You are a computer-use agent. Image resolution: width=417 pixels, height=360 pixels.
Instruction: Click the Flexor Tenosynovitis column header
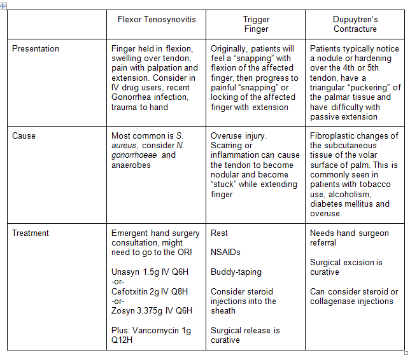click(x=157, y=19)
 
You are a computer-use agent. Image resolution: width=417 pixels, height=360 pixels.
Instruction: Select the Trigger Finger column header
click(x=255, y=24)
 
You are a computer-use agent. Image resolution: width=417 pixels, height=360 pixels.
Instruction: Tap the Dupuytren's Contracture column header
click(x=355, y=24)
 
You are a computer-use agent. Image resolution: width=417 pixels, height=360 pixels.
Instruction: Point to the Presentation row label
click(x=36, y=49)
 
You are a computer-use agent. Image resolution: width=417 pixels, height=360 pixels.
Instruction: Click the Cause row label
click(x=24, y=136)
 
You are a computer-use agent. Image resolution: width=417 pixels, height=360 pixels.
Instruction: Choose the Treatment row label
click(x=31, y=233)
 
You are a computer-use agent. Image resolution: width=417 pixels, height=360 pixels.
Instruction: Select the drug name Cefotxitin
click(x=131, y=291)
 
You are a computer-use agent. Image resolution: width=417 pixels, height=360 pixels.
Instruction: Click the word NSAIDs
click(x=225, y=253)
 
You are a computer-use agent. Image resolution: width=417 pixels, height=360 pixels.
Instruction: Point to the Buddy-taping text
click(x=236, y=272)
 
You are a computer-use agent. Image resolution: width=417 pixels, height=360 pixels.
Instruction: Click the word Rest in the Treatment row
click(x=219, y=233)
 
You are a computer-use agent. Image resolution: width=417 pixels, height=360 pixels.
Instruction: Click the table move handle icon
click(x=4, y=5)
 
